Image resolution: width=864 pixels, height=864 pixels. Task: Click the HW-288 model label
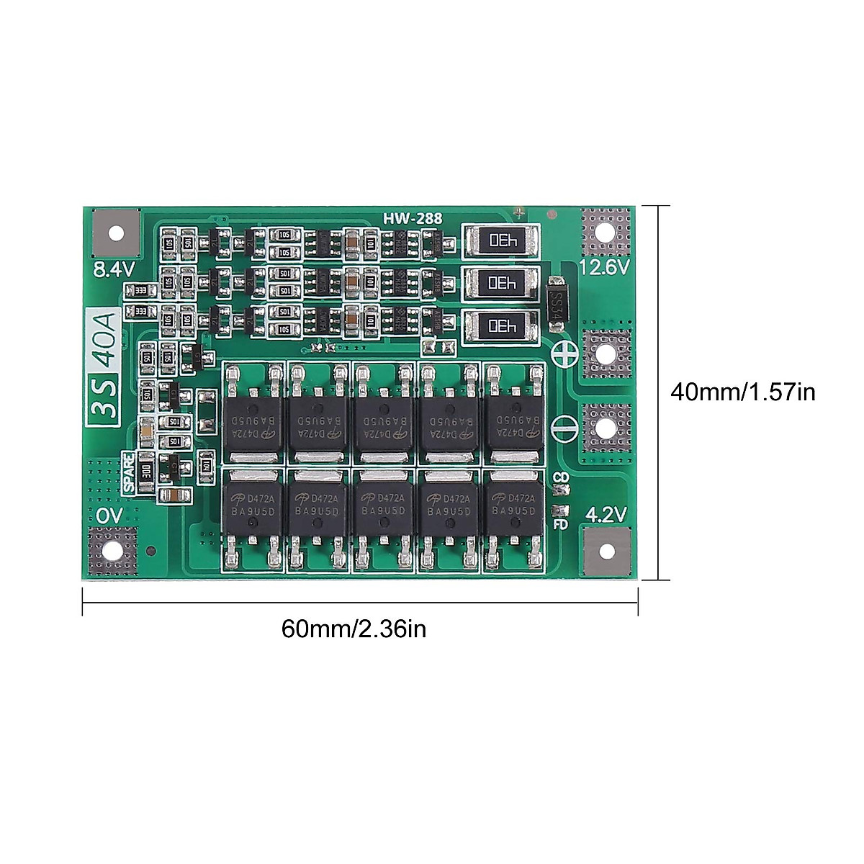pos(413,218)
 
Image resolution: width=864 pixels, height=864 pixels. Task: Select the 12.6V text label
pos(604,267)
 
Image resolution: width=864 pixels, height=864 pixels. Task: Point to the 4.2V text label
pos(606,514)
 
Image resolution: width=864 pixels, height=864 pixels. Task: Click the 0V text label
pos(109,516)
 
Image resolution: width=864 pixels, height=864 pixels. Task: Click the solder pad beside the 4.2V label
pos(606,552)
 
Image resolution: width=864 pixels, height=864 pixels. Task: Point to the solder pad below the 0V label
pos(112,552)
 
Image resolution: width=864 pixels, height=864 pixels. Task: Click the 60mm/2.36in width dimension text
pos(354,629)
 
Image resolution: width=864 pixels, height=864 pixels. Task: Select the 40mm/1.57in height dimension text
pos(742,392)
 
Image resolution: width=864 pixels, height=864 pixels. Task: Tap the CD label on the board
pos(561,477)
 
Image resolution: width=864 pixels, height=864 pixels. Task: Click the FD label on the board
pos(560,524)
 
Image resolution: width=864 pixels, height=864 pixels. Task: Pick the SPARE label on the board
pos(129,472)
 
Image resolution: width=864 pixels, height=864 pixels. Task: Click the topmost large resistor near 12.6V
pos(502,240)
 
